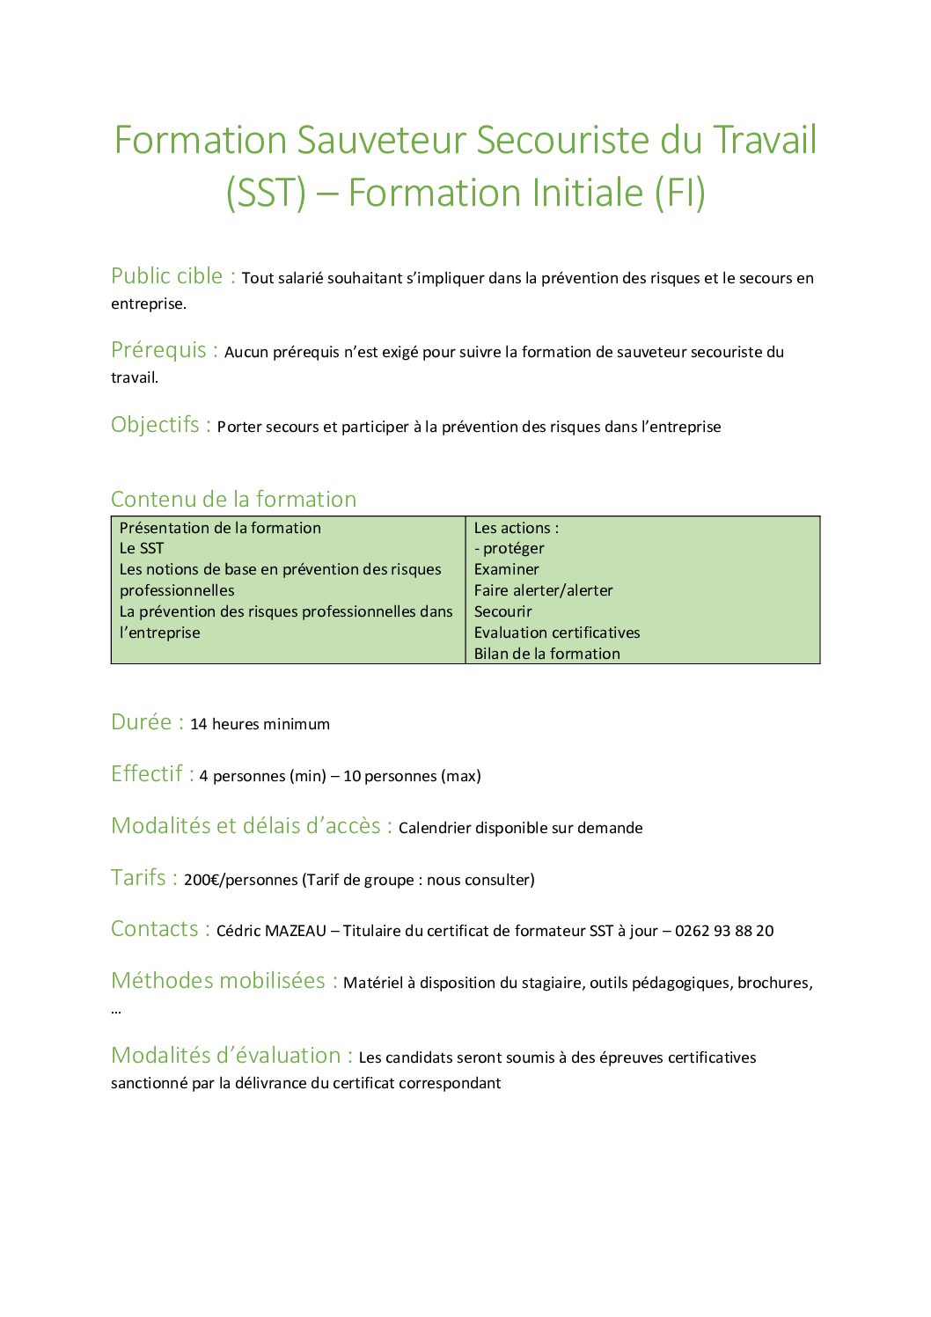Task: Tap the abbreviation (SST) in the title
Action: tap(266, 194)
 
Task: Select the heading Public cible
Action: tap(167, 276)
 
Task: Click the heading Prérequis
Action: tap(158, 350)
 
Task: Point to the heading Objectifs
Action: tap(156, 425)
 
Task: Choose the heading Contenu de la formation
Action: tap(233, 499)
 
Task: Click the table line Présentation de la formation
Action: tap(220, 528)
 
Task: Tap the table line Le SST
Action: tap(142, 548)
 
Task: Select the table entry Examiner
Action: tap(506, 569)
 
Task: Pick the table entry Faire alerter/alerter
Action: tap(543, 590)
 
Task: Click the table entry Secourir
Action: tap(502, 611)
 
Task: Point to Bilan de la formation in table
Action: tap(546, 654)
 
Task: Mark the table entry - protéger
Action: tap(509, 548)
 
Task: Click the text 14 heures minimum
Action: tap(260, 724)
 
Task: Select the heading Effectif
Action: tap(147, 774)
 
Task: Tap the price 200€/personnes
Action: tap(240, 880)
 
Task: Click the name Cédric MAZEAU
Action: tap(271, 931)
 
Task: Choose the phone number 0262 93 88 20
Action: tap(724, 931)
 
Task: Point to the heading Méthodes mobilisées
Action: tap(218, 981)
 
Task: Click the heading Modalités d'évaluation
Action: tap(226, 1056)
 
